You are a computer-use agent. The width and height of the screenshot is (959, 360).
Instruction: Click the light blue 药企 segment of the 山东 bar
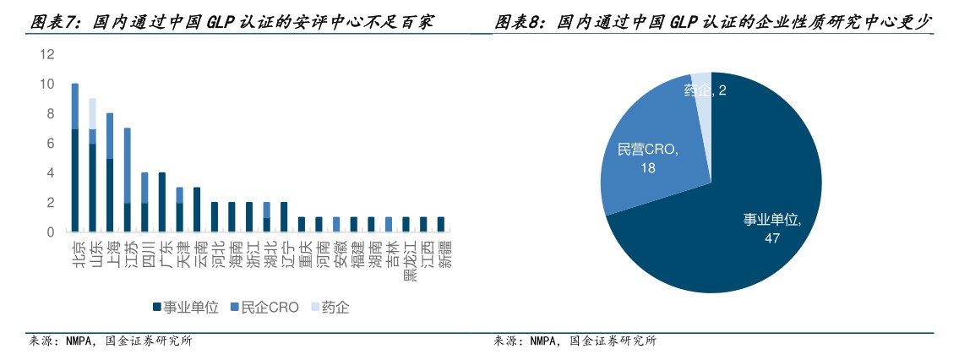point(92,114)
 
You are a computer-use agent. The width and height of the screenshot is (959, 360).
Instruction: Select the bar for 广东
point(162,202)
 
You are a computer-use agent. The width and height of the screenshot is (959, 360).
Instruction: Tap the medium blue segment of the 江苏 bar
point(128,165)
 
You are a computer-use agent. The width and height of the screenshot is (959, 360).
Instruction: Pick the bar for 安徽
point(336,224)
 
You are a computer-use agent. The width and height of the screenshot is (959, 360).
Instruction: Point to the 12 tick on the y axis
point(47,54)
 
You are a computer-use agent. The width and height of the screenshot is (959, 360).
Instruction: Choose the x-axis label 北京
point(76,254)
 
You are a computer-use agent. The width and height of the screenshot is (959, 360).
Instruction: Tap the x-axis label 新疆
point(446,254)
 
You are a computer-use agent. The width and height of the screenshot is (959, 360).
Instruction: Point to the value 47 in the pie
point(771,238)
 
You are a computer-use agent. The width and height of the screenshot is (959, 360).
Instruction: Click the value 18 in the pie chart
point(648,167)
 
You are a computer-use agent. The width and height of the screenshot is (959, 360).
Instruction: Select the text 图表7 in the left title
point(54,23)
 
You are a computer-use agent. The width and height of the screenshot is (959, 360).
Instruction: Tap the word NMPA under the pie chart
point(544,341)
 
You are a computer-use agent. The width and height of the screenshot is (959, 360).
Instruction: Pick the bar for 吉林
point(389,224)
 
